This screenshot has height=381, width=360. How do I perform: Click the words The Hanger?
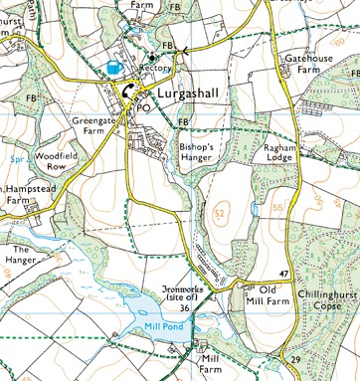point(23,255)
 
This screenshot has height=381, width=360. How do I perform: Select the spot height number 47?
point(283,273)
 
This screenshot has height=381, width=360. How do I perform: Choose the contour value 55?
point(277,205)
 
